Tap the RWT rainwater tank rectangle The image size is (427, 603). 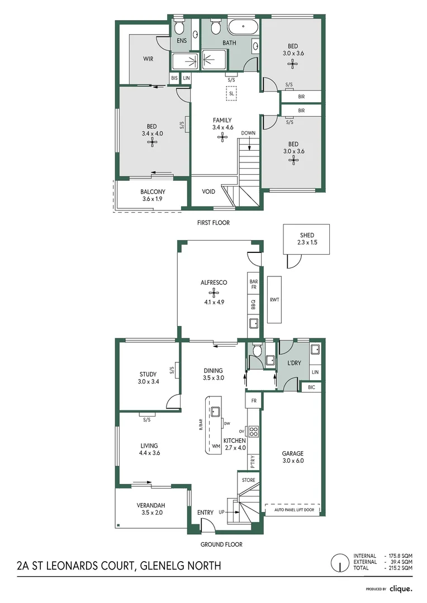(274, 299)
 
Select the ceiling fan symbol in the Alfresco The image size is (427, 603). (214, 291)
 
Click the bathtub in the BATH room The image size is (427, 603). (243, 26)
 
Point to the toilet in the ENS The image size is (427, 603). (179, 27)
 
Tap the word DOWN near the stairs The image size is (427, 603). (248, 133)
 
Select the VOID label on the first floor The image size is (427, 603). (208, 192)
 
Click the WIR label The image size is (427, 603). (148, 59)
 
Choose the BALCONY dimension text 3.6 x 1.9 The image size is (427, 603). (153, 199)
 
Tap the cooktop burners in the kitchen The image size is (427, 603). (253, 431)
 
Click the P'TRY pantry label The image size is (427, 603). (253, 462)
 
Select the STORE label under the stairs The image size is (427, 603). (248, 480)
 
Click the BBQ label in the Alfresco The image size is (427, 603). (253, 305)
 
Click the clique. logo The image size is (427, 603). (401, 588)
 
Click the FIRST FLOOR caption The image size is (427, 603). (214, 222)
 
